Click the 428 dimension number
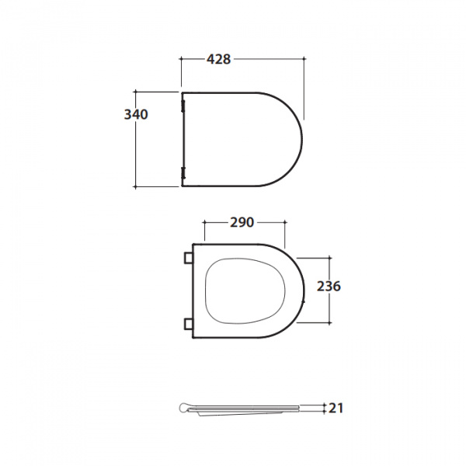[x=218, y=59]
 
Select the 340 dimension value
[x=136, y=114]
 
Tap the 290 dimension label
[x=242, y=222]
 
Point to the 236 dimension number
[x=329, y=287]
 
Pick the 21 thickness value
[x=336, y=408]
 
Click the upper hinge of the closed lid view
[x=183, y=106]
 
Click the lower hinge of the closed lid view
[x=183, y=173]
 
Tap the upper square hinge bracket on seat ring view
[x=189, y=258]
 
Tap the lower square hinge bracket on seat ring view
[x=189, y=324]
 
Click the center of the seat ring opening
[x=245, y=290]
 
